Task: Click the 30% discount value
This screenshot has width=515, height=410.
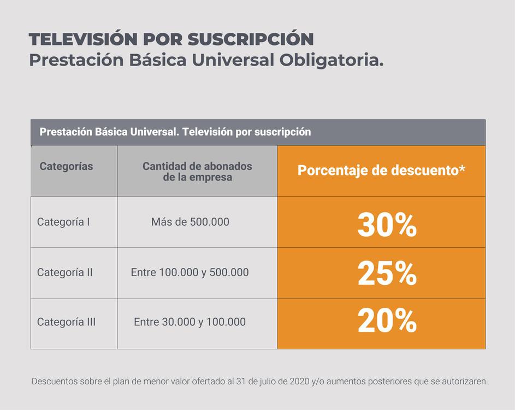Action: coord(387,225)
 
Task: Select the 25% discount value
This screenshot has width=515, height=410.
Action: coord(387,274)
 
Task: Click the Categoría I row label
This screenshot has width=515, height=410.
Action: coord(63,222)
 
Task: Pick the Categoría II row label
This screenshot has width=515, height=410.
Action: coord(64,272)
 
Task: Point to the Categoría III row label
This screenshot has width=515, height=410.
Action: coord(66,322)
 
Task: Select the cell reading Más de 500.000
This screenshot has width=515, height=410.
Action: coord(190,222)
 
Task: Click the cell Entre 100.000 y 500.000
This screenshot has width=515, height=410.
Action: coord(190,272)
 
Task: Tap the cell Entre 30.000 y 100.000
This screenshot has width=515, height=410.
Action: coord(190,322)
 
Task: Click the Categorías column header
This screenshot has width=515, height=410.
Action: coord(66,166)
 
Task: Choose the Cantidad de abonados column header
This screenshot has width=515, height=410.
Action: coord(197,171)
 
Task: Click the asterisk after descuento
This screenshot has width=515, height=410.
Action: coord(462,168)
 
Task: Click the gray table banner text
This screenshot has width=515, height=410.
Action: coord(175,132)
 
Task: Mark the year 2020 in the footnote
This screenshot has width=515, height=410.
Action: coord(297,381)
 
